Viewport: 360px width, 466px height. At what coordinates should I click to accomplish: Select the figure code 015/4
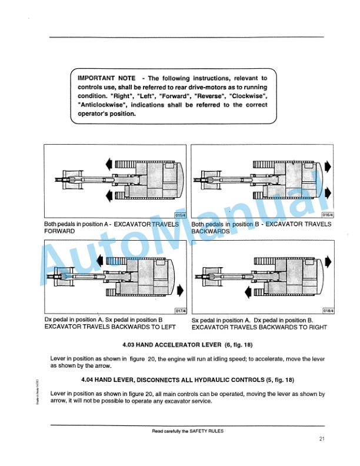pyautogui.click(x=179, y=215)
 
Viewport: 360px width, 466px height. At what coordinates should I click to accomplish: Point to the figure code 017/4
pyautogui.click(x=179, y=311)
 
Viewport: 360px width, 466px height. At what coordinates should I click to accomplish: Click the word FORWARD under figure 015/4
pyautogui.click(x=59, y=232)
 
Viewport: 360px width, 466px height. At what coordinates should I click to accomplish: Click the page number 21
pyautogui.click(x=322, y=438)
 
